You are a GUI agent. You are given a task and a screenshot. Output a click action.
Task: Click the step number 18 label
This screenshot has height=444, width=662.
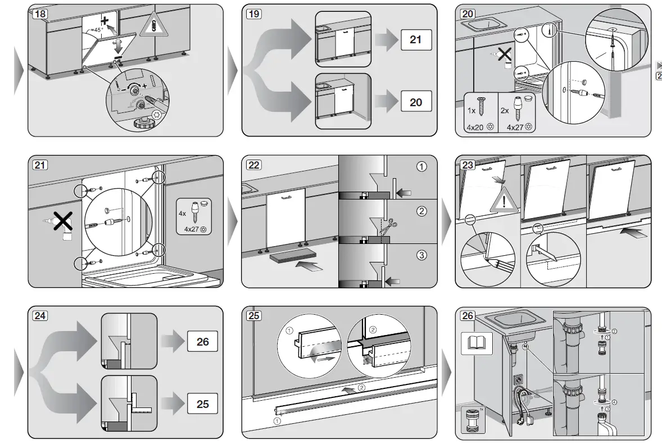39,13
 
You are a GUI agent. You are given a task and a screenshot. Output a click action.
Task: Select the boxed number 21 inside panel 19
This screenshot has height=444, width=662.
415,40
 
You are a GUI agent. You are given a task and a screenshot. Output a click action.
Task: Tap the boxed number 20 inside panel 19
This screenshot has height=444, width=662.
415,102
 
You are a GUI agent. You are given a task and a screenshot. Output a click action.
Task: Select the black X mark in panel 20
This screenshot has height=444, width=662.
505,55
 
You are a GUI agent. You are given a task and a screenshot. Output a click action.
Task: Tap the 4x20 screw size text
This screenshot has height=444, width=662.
475,128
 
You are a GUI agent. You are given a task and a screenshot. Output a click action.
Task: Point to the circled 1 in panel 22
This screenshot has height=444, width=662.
421,166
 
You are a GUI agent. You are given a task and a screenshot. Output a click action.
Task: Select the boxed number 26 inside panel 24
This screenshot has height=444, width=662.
202,342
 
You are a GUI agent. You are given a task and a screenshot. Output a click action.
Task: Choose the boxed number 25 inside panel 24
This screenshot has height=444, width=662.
202,404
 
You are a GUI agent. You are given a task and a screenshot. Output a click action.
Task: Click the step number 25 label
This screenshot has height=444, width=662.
253,316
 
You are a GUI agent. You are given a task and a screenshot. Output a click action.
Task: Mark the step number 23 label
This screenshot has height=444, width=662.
468,165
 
